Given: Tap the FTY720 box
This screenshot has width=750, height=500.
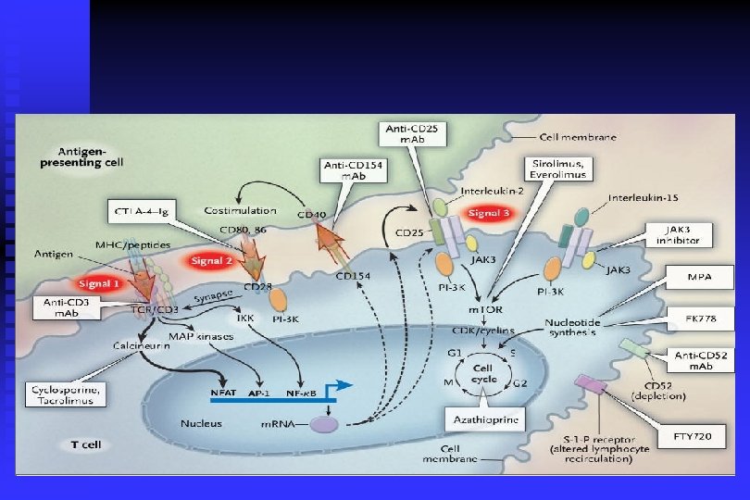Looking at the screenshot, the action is click(692, 434).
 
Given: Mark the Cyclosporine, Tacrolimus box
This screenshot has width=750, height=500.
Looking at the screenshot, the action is click(66, 394).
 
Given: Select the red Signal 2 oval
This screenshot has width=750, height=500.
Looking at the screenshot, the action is click(212, 262).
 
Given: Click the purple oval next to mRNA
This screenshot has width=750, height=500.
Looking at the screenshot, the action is click(324, 423).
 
